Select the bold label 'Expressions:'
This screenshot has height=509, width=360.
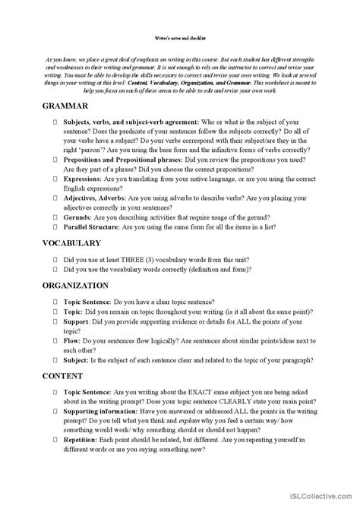(x=86, y=179)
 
